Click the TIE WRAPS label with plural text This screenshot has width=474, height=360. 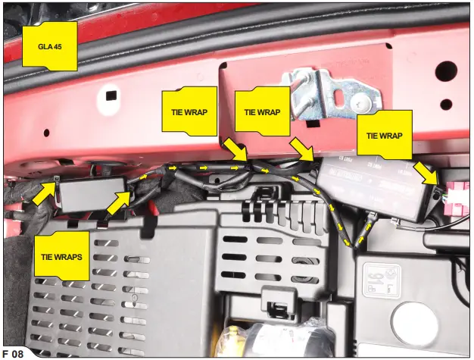click(x=62, y=256)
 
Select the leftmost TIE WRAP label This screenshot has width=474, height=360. click(x=189, y=111)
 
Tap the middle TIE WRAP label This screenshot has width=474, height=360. click(x=262, y=111)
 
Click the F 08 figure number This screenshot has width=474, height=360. click(x=14, y=352)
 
